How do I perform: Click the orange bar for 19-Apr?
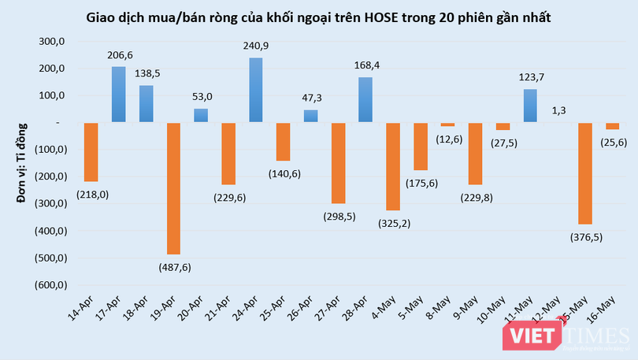pos(173,188)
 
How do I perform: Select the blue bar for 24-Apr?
pos(255,90)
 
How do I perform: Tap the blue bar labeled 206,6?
pos(118,95)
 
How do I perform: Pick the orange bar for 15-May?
pos(584,173)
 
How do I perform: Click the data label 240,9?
pos(255,46)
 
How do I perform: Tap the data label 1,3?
pos(558,110)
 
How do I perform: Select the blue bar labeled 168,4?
pos(365,99)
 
